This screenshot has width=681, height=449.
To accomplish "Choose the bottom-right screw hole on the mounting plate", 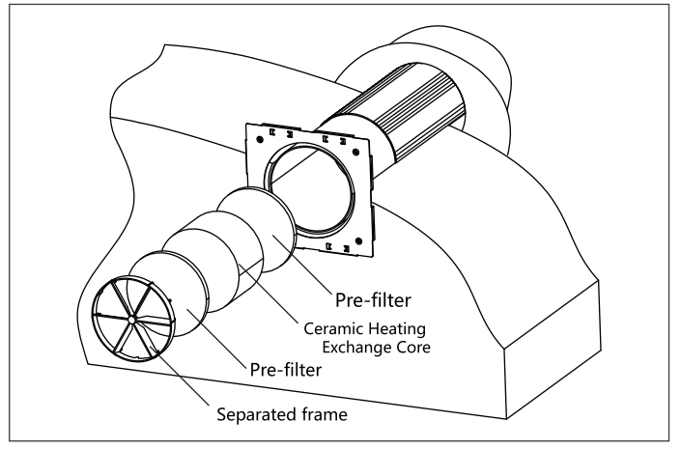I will (359, 238).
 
